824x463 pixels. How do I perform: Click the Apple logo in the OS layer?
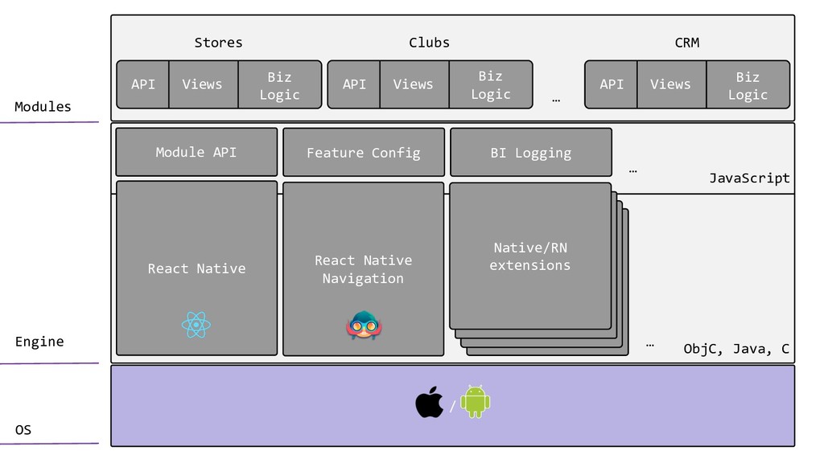click(x=429, y=402)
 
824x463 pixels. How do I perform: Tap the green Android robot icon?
click(x=475, y=401)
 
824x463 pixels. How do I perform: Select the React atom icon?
click(x=196, y=326)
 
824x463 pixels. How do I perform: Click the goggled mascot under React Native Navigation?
click(x=364, y=326)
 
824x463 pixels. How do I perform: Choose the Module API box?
click(x=196, y=152)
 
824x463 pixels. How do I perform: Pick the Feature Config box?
click(x=363, y=153)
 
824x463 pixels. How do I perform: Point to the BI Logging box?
click(x=530, y=153)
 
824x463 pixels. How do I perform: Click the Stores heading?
click(x=218, y=43)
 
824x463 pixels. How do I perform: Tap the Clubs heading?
click(x=429, y=43)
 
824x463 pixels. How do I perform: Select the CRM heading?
click(x=686, y=43)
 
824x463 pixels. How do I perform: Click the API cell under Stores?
click(x=143, y=84)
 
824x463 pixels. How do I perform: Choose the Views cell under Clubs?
click(x=413, y=84)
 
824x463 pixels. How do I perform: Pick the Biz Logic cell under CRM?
click(x=748, y=85)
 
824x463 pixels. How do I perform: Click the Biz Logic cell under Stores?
click(x=279, y=85)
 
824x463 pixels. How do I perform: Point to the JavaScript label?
click(x=749, y=178)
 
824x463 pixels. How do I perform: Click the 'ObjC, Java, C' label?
click(x=735, y=349)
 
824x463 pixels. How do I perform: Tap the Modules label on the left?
click(x=43, y=107)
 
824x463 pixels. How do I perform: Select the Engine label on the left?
click(x=39, y=342)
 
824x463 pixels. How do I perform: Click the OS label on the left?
click(x=23, y=430)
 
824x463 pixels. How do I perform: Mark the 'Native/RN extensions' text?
click(x=530, y=256)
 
